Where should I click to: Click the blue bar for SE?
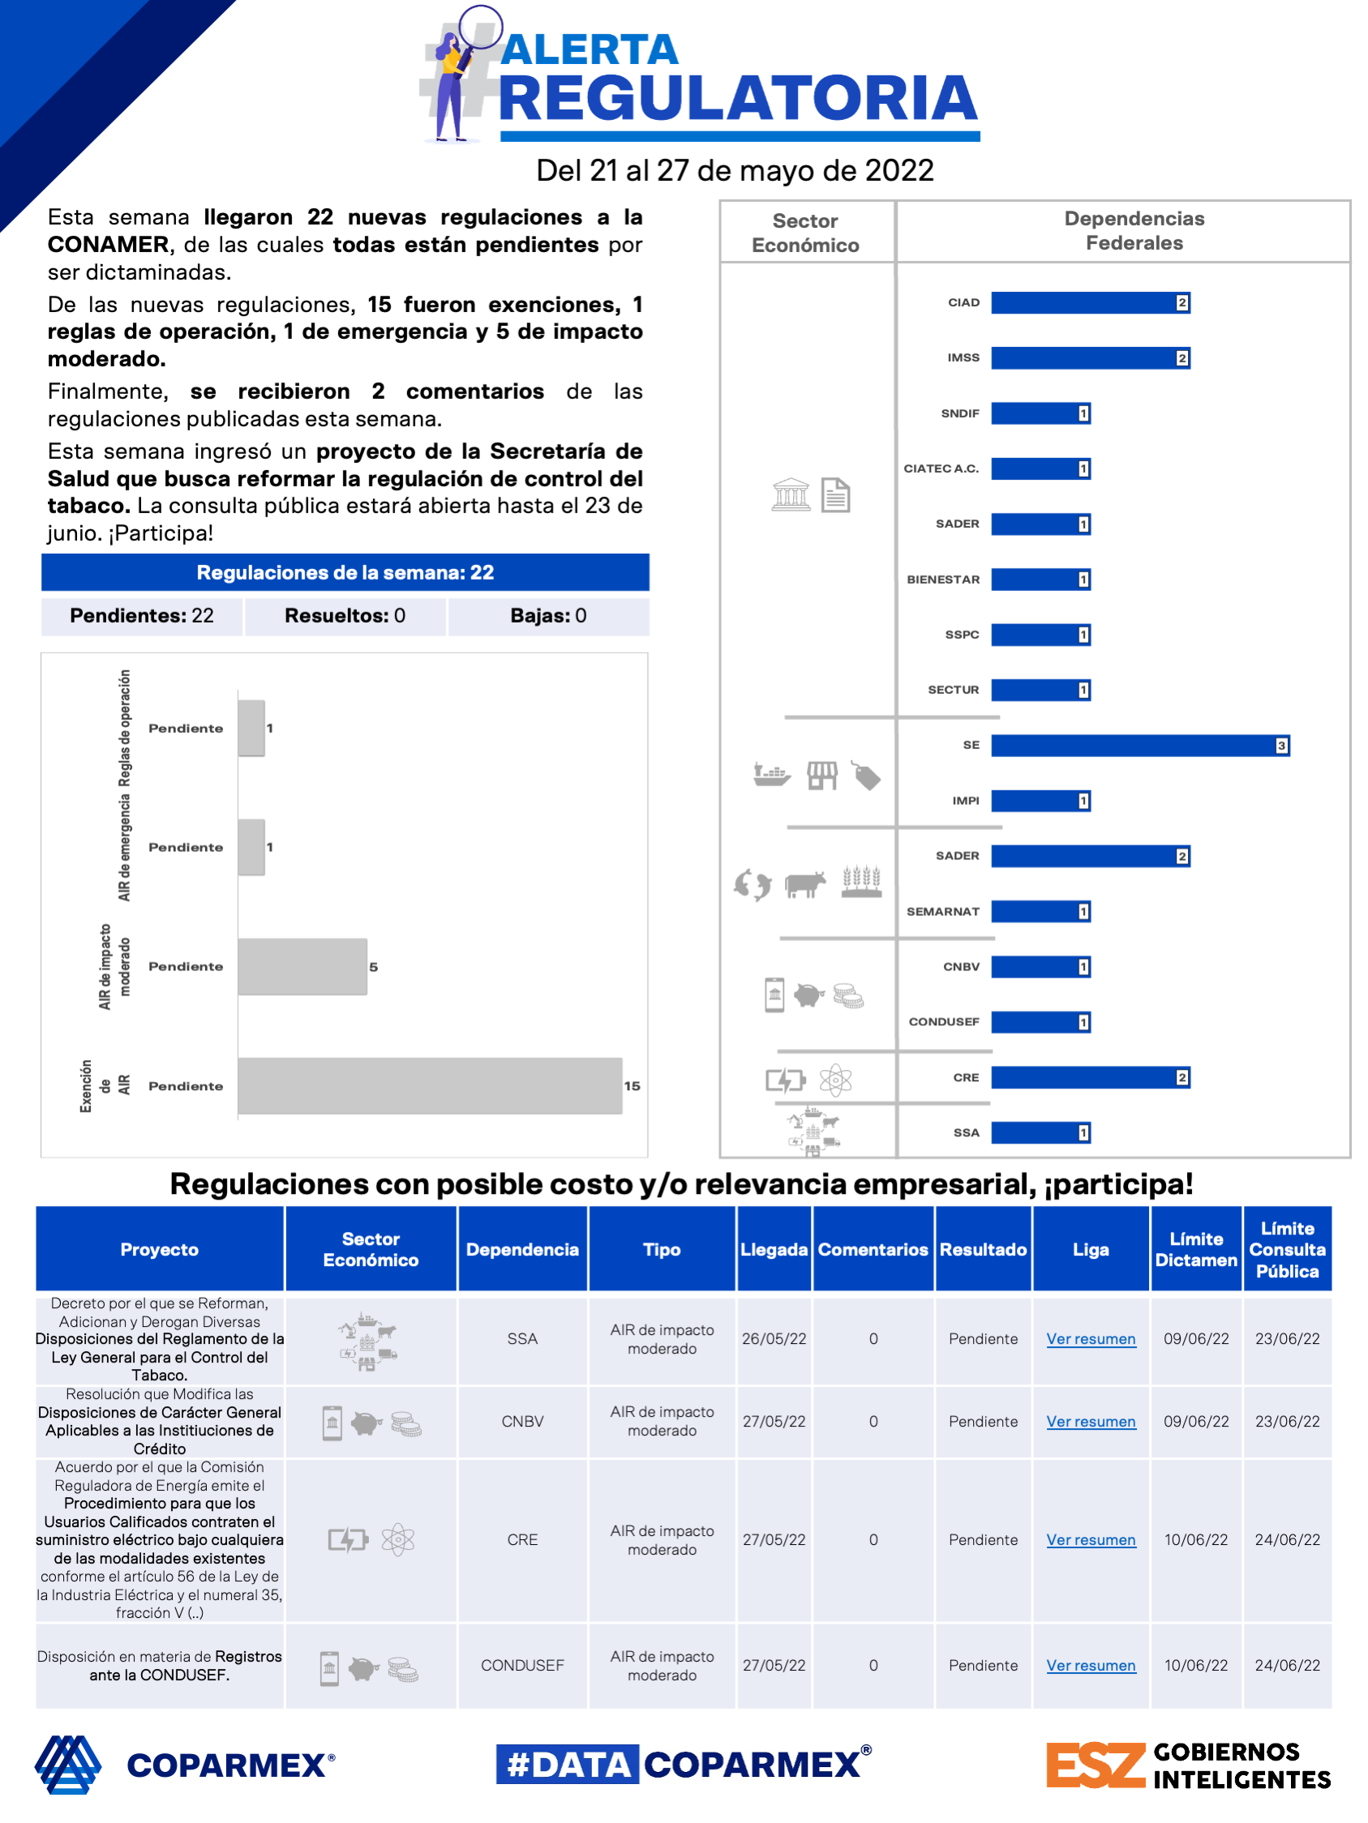1138,745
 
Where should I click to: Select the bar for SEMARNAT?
1039,911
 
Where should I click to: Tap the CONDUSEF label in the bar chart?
943,1022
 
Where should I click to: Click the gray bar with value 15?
429,1085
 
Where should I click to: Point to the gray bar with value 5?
302,966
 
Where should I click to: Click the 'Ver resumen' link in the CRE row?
1090,1539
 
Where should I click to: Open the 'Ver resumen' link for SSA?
1090,1338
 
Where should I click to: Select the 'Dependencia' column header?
522,1249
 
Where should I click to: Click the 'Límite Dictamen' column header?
1195,1249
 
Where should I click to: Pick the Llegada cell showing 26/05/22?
774,1338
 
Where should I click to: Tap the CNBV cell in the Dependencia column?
522,1422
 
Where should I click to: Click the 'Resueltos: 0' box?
345,615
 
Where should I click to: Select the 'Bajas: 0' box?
548,615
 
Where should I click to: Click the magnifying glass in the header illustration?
479,30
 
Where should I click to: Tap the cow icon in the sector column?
804,884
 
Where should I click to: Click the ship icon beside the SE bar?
771,775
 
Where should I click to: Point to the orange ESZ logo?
1095,1765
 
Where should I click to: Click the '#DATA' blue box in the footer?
568,1765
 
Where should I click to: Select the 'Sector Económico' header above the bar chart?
805,233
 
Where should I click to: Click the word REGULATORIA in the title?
738,99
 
